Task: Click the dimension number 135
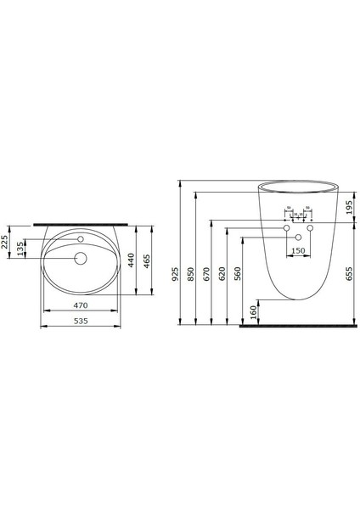pos(23,249)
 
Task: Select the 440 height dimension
pos(131,261)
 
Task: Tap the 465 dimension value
pos(148,261)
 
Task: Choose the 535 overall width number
pos(81,322)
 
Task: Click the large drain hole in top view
pos(81,259)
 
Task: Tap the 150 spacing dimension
pos(298,251)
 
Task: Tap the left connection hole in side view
pos(286,229)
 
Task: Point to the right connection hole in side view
pos(310,229)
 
